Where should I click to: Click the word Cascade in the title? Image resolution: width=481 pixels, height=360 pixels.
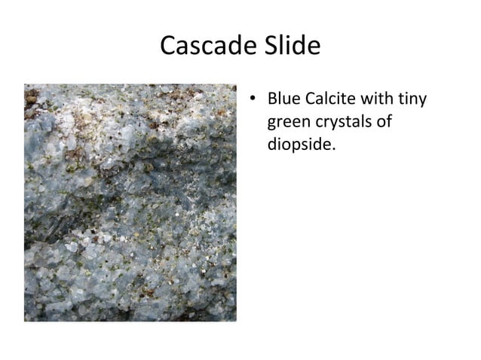(x=206, y=47)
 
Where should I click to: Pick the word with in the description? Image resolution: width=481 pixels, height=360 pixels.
(x=385, y=99)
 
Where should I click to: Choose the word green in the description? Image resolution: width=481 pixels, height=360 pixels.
(x=288, y=122)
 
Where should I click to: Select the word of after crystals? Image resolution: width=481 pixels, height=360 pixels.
(x=384, y=121)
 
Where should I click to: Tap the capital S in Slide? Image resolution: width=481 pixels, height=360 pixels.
(x=266, y=47)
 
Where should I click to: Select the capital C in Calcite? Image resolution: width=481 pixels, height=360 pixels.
(x=314, y=99)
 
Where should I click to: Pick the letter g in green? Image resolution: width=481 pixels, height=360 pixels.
(x=272, y=124)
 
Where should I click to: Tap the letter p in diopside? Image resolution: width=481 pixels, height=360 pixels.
(x=295, y=146)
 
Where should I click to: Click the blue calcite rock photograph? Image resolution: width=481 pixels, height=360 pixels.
(x=130, y=203)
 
